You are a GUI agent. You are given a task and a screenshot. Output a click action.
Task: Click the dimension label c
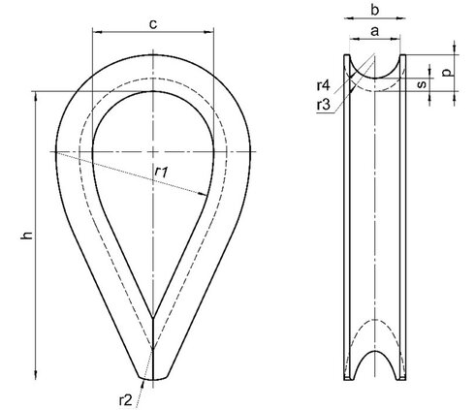pos(153,24)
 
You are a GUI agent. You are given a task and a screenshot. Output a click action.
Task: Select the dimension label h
pos(27,235)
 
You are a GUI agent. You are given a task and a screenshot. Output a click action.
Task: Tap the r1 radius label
pos(161,172)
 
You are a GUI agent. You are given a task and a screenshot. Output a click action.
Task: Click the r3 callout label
pos(324,105)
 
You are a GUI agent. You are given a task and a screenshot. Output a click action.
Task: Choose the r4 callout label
pos(324,85)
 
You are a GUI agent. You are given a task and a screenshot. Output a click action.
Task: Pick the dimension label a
pos(374,31)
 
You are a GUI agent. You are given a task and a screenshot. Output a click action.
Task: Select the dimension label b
pos(374,11)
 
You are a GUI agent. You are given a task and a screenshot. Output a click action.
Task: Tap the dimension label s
pos(422,84)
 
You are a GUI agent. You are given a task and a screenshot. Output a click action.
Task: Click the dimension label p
pos(447,73)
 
